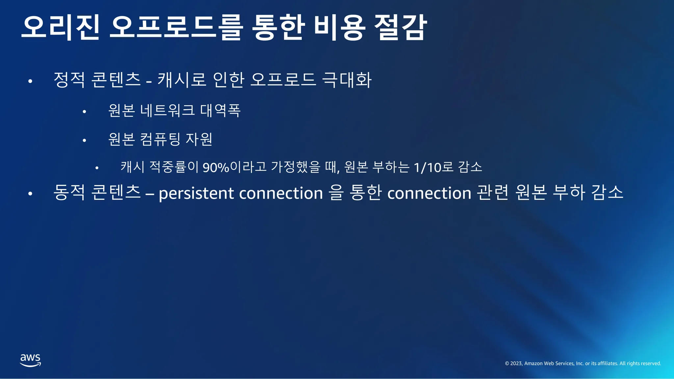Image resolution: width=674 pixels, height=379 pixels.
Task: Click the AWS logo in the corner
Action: (31, 360)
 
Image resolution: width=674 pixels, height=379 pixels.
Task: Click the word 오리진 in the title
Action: (61, 28)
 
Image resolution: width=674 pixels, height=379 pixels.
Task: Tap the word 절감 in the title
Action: (401, 28)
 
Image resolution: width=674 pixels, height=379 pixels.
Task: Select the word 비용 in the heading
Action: (339, 28)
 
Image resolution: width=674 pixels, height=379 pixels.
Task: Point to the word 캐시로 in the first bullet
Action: (182, 80)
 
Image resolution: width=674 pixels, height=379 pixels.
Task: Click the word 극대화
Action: (347, 80)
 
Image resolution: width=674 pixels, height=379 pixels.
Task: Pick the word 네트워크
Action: (168, 110)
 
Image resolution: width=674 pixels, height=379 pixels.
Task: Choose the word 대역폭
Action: (220, 110)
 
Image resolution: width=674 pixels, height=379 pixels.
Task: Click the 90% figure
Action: (216, 167)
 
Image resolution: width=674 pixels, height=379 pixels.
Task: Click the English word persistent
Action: (196, 193)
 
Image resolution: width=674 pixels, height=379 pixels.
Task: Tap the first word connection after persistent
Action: (281, 193)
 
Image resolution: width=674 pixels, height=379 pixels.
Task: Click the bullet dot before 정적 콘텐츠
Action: (30, 81)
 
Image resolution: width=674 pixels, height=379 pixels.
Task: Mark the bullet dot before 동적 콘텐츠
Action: (30, 194)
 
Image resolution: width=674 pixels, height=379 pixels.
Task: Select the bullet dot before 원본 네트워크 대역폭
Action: (85, 112)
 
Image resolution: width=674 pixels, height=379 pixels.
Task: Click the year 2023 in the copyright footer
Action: (516, 364)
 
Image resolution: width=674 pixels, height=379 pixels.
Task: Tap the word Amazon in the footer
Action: (533, 364)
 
